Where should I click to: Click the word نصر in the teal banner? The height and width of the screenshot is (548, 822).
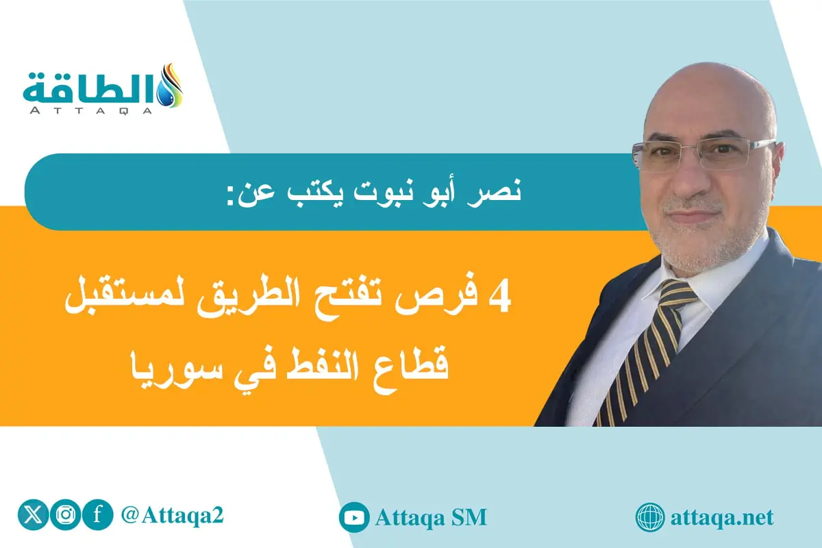499,191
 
